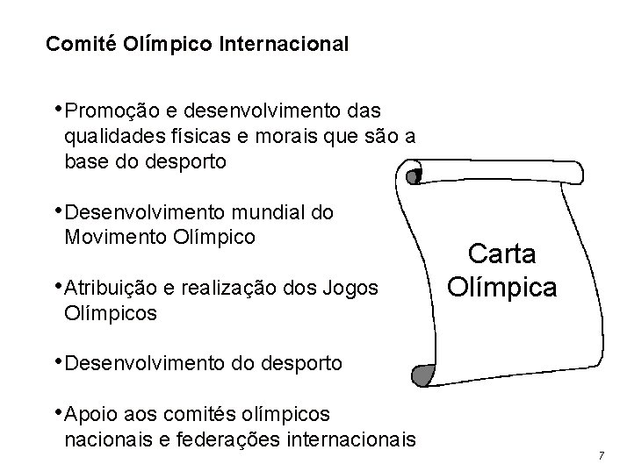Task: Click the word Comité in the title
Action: point(76,43)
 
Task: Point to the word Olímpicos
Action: point(112,311)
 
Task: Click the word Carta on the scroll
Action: point(501,254)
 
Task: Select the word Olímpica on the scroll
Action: point(501,286)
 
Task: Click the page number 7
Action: point(601,455)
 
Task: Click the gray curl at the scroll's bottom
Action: point(423,375)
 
